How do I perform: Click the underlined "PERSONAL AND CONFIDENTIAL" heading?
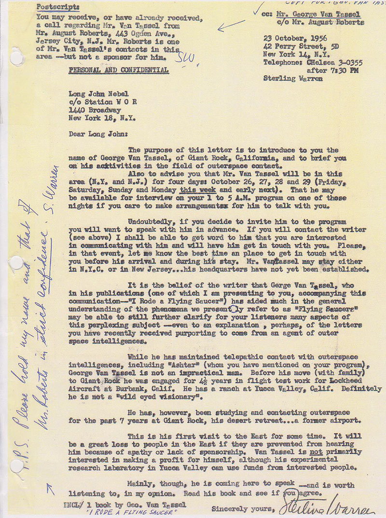click(119, 70)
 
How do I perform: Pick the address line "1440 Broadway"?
click(94, 110)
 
